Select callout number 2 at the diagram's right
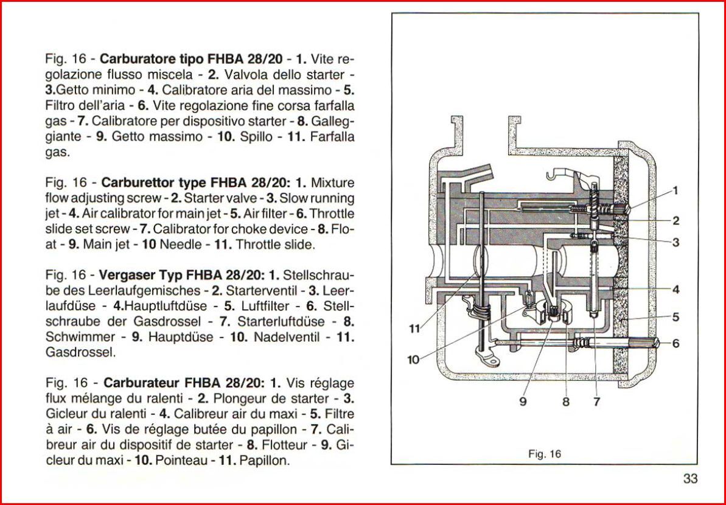(675, 221)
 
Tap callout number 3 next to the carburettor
(675, 242)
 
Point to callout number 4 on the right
(675, 290)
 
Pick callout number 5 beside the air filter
(675, 317)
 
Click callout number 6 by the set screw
(675, 343)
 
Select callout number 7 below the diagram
(596, 402)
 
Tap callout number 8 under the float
(565, 402)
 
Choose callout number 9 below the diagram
(523, 402)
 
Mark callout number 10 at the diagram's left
(413, 360)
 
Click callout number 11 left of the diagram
(415, 329)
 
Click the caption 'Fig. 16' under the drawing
(545, 453)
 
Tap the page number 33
(690, 479)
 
